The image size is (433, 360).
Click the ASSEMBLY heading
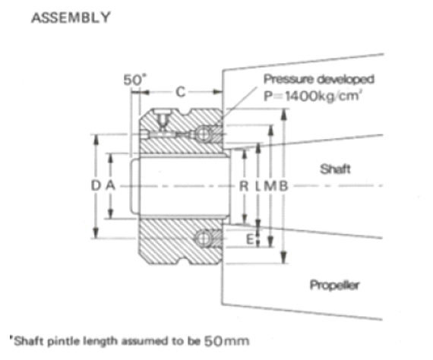coord(71,17)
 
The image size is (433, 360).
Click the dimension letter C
coord(180,92)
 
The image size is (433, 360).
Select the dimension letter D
coord(96,185)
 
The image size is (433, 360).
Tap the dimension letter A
coord(110,185)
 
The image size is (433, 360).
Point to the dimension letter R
coord(244,186)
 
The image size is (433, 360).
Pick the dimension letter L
coord(258,186)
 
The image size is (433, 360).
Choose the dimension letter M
coord(270,186)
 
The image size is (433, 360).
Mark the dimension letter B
coord(283,186)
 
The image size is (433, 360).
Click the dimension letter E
coord(250,239)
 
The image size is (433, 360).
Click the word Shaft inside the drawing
coord(335,169)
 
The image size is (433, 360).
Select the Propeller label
coord(334,285)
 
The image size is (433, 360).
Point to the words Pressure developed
coord(319,79)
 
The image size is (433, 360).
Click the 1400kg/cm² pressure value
coord(323,96)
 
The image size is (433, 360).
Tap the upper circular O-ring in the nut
coord(204,134)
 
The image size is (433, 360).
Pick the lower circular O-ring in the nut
coord(204,238)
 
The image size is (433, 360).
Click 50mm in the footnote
coord(226,341)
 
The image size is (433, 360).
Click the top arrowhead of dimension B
coord(283,114)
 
